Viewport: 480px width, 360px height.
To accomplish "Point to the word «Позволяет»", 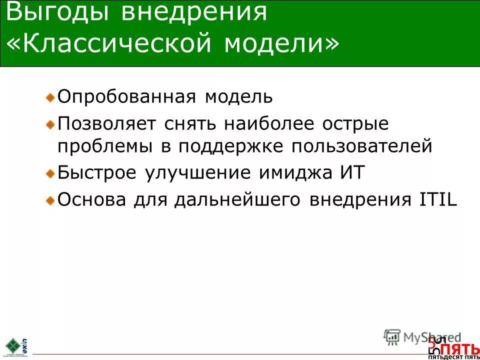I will (x=107, y=123).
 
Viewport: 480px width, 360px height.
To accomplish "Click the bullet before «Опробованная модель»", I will (x=50, y=96).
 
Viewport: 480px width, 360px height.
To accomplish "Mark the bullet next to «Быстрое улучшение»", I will (x=50, y=173).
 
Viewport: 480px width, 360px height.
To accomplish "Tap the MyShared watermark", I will (x=422, y=337).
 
